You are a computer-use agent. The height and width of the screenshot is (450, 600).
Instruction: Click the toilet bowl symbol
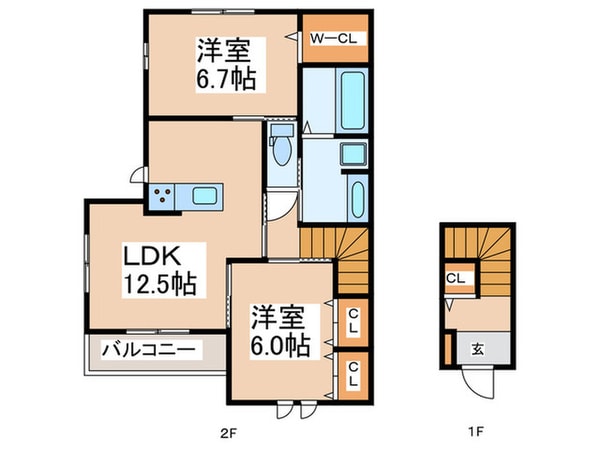click(281, 151)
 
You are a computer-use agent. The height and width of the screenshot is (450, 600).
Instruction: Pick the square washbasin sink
click(354, 154)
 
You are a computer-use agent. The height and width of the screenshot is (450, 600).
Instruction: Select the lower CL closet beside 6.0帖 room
click(352, 376)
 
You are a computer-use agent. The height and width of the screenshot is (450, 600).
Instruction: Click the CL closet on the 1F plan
click(454, 280)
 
